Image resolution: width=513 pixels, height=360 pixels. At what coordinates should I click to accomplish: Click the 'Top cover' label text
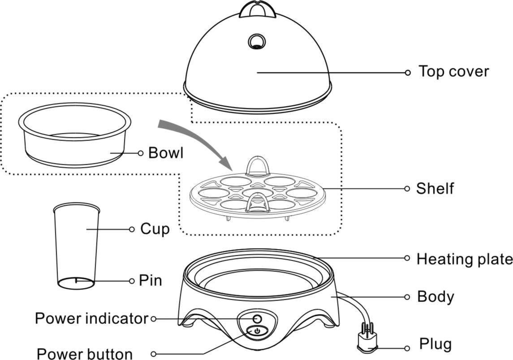pyautogui.click(x=453, y=71)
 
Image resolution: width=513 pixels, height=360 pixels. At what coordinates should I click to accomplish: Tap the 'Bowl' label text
pyautogui.click(x=166, y=153)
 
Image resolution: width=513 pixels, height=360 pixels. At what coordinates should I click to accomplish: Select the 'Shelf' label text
pyautogui.click(x=435, y=188)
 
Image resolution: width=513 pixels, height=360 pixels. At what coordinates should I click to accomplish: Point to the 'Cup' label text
pyautogui.click(x=155, y=229)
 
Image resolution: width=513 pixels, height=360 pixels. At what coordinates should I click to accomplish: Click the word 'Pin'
pyautogui.click(x=150, y=281)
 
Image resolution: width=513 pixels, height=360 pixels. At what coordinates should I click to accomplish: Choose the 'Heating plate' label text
pyautogui.click(x=464, y=259)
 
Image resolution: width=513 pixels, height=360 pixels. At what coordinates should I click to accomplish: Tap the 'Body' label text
pyautogui.click(x=435, y=296)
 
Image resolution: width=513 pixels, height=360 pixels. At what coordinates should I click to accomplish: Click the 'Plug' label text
pyautogui.click(x=435, y=344)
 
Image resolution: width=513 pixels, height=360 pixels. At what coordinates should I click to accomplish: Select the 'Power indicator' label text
pyautogui.click(x=91, y=319)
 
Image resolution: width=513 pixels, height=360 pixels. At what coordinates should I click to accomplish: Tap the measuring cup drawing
pyautogui.click(x=77, y=244)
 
